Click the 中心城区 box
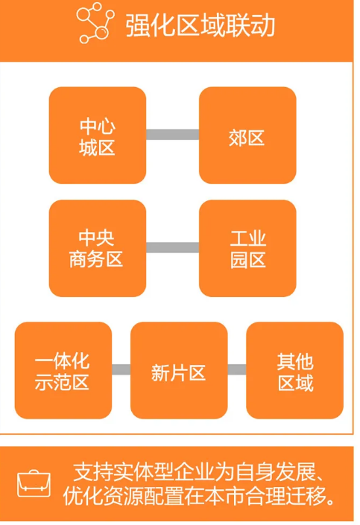(x=98, y=136)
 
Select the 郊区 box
(x=247, y=136)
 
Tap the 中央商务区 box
(x=98, y=249)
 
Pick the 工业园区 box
(x=247, y=249)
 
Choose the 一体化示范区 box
(x=63, y=370)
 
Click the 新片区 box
(x=179, y=370)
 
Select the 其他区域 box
(x=294, y=370)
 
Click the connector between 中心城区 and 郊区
(x=173, y=135)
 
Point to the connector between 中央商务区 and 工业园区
(x=173, y=247)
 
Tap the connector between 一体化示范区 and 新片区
(x=121, y=369)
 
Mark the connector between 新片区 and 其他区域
(x=237, y=369)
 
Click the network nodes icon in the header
(x=95, y=23)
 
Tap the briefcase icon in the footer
(x=34, y=483)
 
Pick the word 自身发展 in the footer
(x=276, y=472)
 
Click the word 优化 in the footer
(x=83, y=495)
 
